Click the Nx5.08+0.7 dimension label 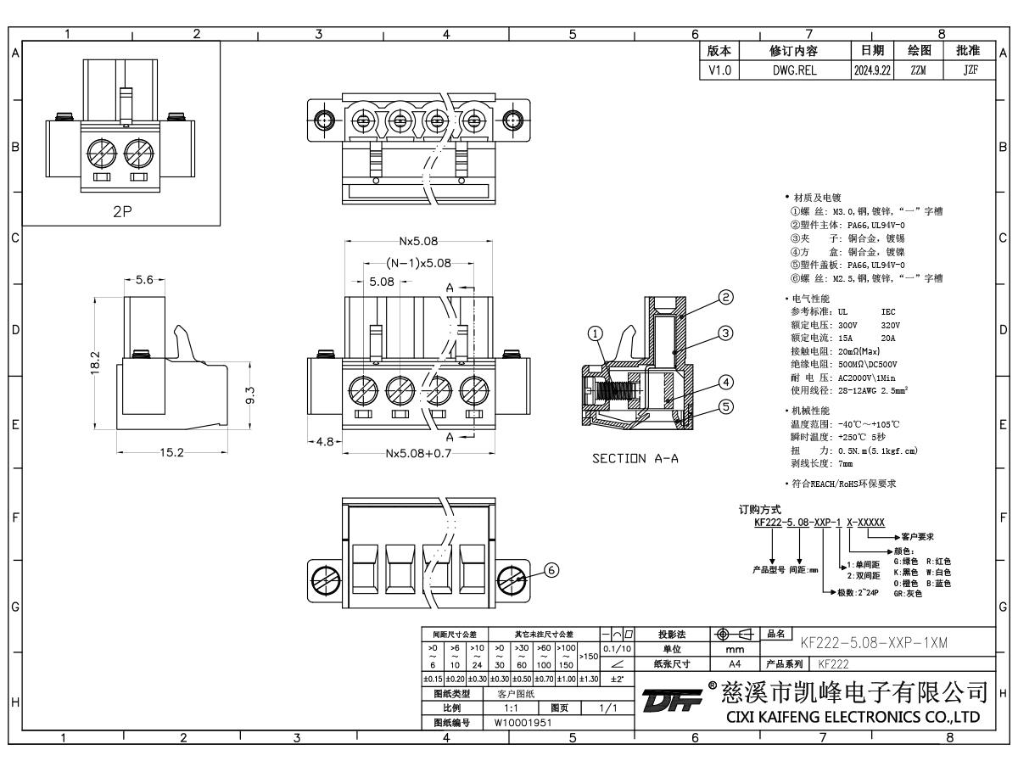415,453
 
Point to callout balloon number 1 601,334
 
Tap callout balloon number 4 726,381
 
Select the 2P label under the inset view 122,212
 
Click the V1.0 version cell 718,71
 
